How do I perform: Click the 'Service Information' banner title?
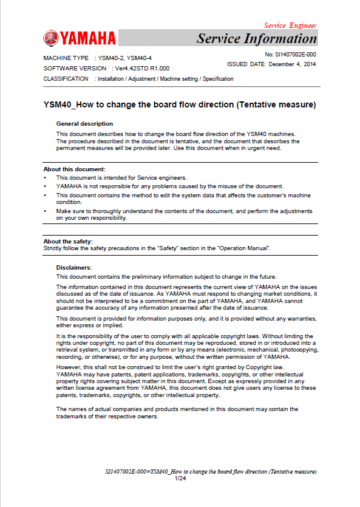pyautogui.click(x=256, y=39)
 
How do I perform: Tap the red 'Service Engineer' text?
pyautogui.click(x=290, y=26)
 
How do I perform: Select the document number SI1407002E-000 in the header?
pyautogui.click(x=291, y=54)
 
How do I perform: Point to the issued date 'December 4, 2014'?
pyautogui.click(x=292, y=64)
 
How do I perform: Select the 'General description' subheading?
pyautogui.click(x=84, y=124)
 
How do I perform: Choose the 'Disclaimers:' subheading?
pyautogui.click(x=74, y=267)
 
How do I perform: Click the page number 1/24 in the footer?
pyautogui.click(x=180, y=479)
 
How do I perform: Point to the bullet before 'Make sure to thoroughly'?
pyautogui.click(x=46, y=211)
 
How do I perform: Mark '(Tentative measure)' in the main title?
pyautogui.click(x=275, y=104)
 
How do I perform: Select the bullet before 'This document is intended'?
pyautogui.click(x=46, y=177)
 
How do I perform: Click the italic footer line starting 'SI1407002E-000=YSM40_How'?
pyautogui.click(x=211, y=472)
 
